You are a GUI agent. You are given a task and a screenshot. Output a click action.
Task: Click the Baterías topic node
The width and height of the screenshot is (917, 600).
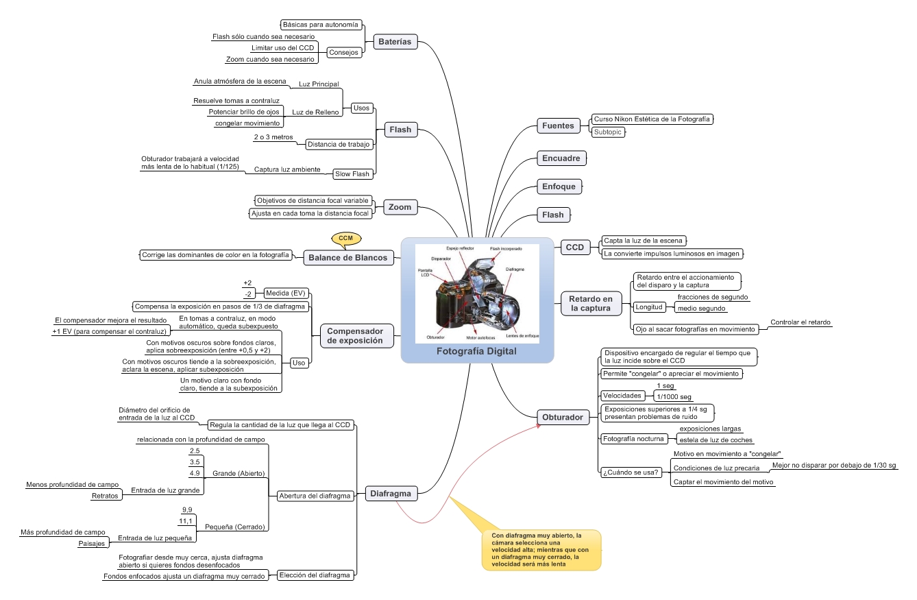click(x=395, y=42)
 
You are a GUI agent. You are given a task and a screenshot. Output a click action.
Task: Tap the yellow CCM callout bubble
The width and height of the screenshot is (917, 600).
click(x=345, y=239)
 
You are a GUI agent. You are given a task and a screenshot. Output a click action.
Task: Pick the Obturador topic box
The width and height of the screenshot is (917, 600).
click(x=563, y=417)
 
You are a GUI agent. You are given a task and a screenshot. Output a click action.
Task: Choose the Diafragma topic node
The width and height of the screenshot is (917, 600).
click(x=390, y=493)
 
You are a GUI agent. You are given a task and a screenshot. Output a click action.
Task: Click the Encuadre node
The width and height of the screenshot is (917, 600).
click(x=561, y=158)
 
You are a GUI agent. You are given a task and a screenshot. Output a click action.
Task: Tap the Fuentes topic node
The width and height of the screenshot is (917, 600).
click(x=557, y=125)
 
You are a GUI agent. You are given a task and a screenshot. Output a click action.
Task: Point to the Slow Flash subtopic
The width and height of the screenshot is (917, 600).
click(x=352, y=174)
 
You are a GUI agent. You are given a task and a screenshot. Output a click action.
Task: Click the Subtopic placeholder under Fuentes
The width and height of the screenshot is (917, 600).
click(x=608, y=132)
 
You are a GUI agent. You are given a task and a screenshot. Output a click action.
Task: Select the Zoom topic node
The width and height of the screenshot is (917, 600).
click(x=400, y=206)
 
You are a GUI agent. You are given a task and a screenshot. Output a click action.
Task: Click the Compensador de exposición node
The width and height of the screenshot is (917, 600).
click(x=355, y=335)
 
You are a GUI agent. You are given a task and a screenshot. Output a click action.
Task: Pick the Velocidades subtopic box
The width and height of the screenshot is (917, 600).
click(x=622, y=396)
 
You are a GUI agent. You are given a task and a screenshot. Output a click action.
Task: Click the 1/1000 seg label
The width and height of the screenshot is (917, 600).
click(x=674, y=397)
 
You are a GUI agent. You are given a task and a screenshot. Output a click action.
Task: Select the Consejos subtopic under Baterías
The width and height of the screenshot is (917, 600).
click(x=343, y=52)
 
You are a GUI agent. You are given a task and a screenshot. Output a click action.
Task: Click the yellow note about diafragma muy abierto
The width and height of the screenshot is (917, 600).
click(x=540, y=549)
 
